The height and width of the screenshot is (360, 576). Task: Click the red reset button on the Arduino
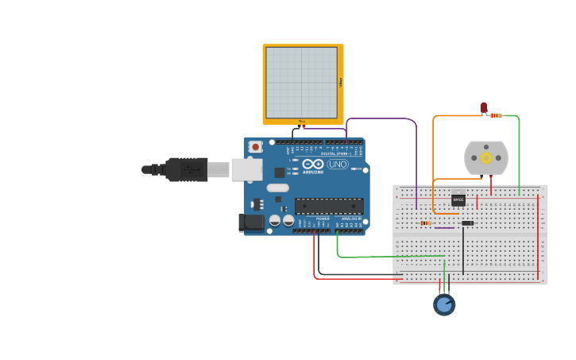255,146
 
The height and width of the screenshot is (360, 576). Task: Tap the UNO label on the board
338,164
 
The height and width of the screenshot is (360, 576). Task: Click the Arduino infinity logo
313,164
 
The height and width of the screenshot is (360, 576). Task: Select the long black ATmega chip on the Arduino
329,206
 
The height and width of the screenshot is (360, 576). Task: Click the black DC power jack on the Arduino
251,223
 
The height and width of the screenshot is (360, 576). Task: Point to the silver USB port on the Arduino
246,169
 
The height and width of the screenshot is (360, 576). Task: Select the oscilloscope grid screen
301,82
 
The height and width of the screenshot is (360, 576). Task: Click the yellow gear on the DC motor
485,158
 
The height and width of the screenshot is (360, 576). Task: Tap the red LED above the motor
483,107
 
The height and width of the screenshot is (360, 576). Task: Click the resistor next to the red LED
497,116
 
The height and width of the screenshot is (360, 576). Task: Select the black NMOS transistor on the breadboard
458,200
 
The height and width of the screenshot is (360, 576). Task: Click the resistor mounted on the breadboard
426,223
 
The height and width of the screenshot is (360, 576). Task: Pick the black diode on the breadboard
467,223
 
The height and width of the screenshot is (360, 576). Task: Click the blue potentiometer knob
444,304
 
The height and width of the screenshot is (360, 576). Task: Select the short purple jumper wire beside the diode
445,228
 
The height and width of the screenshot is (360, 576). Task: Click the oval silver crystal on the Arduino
277,188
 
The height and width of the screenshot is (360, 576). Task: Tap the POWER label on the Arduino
323,218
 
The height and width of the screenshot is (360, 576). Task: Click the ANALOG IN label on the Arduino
351,218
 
